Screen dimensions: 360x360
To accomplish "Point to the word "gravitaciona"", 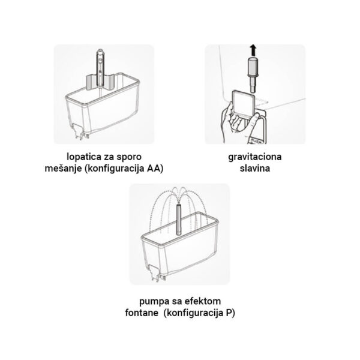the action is (x=255, y=157).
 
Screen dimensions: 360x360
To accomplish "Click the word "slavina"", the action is (x=255, y=168).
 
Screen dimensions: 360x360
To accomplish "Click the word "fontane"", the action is (x=142, y=313).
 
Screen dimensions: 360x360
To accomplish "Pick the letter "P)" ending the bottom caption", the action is (x=230, y=313).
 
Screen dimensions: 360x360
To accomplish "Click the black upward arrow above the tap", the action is (x=253, y=50).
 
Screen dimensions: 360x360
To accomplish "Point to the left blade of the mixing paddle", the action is (x=91, y=82).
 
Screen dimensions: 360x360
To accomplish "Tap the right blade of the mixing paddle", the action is (x=109, y=82).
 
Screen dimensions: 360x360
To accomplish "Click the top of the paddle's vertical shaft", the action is (x=100, y=50).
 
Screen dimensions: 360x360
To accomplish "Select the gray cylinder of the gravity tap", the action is (x=253, y=66).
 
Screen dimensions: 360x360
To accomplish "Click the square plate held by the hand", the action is (x=243, y=103).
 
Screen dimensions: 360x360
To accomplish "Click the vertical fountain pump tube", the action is (x=179, y=219).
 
